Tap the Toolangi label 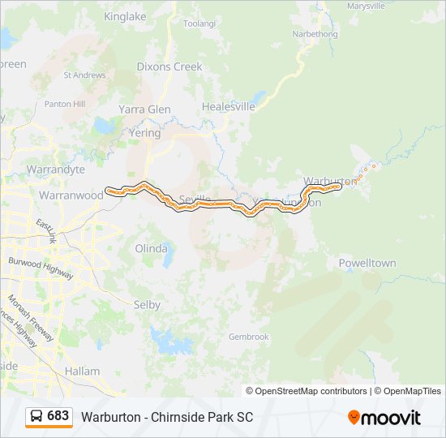[199, 24]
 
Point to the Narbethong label [315, 35]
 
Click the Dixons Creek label [169, 67]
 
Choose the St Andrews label [84, 75]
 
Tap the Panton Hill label [65, 104]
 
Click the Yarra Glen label [144, 109]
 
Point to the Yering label [144, 133]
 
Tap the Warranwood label [71, 195]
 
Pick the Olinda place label [151, 248]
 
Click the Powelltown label [367, 263]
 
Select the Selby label [147, 305]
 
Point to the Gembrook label [248, 337]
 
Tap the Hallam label [82, 371]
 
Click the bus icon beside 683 [37, 416]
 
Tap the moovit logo [384, 418]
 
